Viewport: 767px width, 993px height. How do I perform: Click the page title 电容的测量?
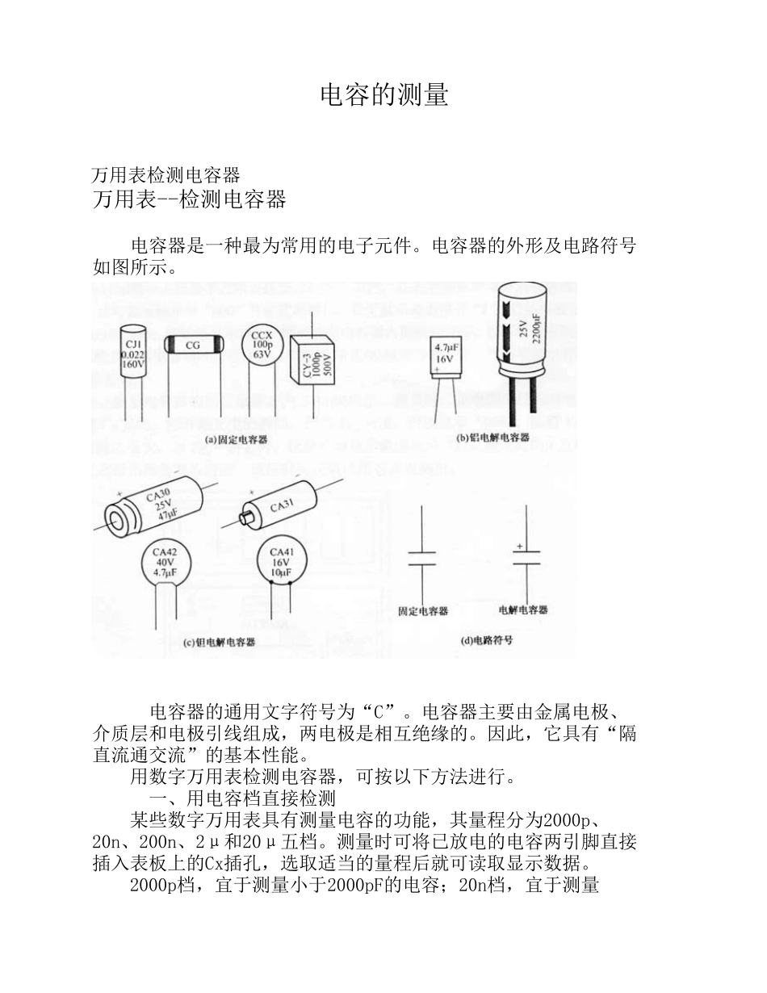383,95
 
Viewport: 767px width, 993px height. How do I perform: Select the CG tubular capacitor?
193,345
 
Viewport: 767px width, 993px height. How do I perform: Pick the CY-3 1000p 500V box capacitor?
312,355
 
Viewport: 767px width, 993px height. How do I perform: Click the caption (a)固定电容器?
236,440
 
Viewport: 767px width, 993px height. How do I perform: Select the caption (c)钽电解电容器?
219,643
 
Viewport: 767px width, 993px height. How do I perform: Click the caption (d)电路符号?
486,640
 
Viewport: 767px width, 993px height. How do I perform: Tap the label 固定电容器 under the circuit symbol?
423,611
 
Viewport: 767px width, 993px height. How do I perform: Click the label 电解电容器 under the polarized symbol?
523,610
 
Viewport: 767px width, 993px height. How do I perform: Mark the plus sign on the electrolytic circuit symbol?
519,547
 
